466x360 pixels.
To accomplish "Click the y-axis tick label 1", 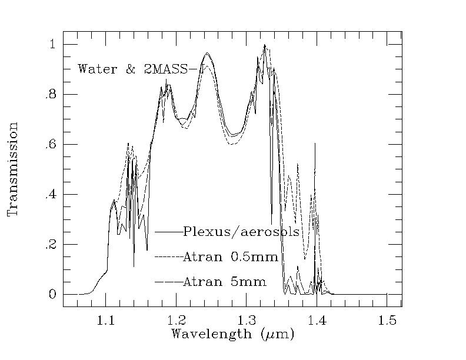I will (52, 45).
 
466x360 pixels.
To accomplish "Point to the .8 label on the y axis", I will (51, 95).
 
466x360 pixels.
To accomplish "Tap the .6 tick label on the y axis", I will (51, 145).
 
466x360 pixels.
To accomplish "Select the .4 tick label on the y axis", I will (51, 195).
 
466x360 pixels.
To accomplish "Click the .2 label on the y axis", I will (51, 245).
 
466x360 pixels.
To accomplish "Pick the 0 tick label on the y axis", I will (52, 295).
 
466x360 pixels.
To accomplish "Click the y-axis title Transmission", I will (13, 169).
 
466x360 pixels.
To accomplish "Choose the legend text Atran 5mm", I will (225, 282).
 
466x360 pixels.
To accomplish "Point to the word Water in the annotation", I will (96, 69).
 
